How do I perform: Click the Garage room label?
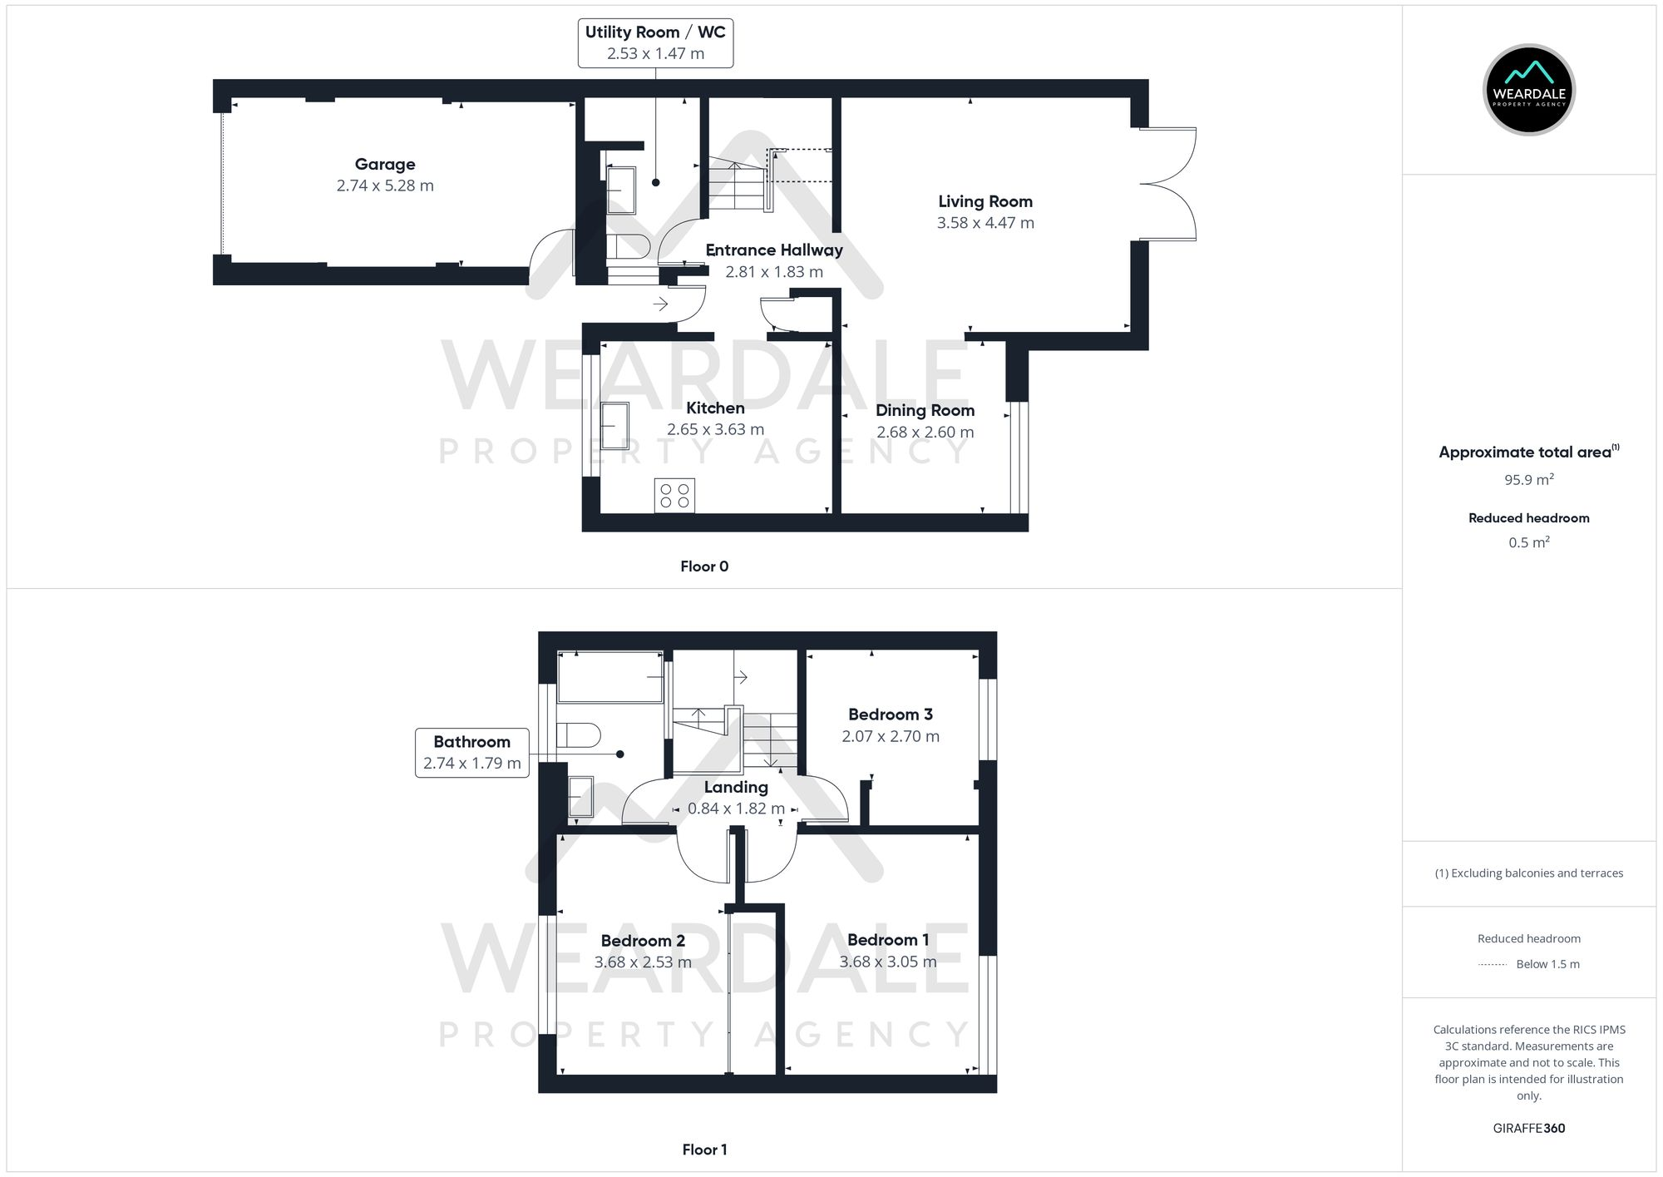click(384, 165)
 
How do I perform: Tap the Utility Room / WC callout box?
click(655, 43)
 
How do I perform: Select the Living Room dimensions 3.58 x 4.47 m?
click(985, 223)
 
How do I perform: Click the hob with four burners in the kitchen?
click(674, 496)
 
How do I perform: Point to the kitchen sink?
click(614, 426)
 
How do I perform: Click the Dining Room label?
click(925, 411)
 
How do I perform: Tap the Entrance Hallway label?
click(774, 250)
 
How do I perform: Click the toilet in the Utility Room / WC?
click(628, 246)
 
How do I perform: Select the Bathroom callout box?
click(471, 753)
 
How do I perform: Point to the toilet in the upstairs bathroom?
click(579, 735)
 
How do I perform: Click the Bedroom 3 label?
click(890, 715)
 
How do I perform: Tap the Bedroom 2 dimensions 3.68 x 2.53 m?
click(643, 962)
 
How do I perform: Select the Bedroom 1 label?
click(888, 940)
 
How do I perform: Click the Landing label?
click(736, 788)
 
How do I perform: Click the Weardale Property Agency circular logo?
click(1528, 90)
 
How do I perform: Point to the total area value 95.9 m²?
click(1528, 480)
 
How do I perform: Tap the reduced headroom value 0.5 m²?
click(1528, 542)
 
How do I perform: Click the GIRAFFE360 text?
click(1528, 1129)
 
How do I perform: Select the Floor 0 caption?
click(704, 566)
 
